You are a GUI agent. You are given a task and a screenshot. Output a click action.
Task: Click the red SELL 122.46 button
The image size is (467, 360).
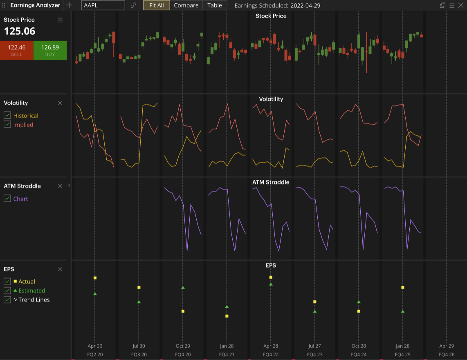click(17, 50)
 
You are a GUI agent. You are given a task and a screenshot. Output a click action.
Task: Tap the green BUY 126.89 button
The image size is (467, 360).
click(50, 50)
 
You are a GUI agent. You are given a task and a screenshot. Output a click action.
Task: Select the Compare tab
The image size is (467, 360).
click(186, 5)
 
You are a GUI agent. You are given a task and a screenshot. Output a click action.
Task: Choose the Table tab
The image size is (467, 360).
click(214, 5)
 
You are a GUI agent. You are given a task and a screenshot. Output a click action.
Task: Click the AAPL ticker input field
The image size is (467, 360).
click(103, 5)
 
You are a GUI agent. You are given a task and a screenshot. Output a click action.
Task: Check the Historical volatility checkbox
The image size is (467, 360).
click(7, 115)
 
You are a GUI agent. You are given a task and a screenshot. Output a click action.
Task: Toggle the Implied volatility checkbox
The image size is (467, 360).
click(7, 124)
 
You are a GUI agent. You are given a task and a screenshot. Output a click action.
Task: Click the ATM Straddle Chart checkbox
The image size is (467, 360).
click(7, 198)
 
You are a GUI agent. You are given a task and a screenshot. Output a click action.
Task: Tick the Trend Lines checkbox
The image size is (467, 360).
click(7, 300)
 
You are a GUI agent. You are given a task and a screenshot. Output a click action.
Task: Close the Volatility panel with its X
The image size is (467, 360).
click(60, 103)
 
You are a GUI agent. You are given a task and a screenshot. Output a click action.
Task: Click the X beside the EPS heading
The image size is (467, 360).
click(60, 269)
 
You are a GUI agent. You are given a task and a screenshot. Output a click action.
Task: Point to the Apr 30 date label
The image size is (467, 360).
click(95, 346)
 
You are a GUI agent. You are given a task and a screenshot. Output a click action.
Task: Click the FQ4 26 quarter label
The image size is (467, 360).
click(446, 354)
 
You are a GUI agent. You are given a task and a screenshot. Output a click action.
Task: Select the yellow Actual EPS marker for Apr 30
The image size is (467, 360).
click(95, 278)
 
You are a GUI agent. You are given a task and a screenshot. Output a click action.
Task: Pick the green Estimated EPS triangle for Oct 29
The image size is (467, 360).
click(183, 288)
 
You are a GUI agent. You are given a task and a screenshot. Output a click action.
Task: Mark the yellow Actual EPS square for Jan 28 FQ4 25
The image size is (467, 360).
click(403, 288)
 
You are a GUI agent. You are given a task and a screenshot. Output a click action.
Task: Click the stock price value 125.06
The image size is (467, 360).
click(20, 31)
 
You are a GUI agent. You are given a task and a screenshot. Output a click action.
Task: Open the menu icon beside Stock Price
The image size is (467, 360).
click(60, 20)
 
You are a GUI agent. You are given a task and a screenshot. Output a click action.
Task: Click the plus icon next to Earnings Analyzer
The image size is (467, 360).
click(69, 5)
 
